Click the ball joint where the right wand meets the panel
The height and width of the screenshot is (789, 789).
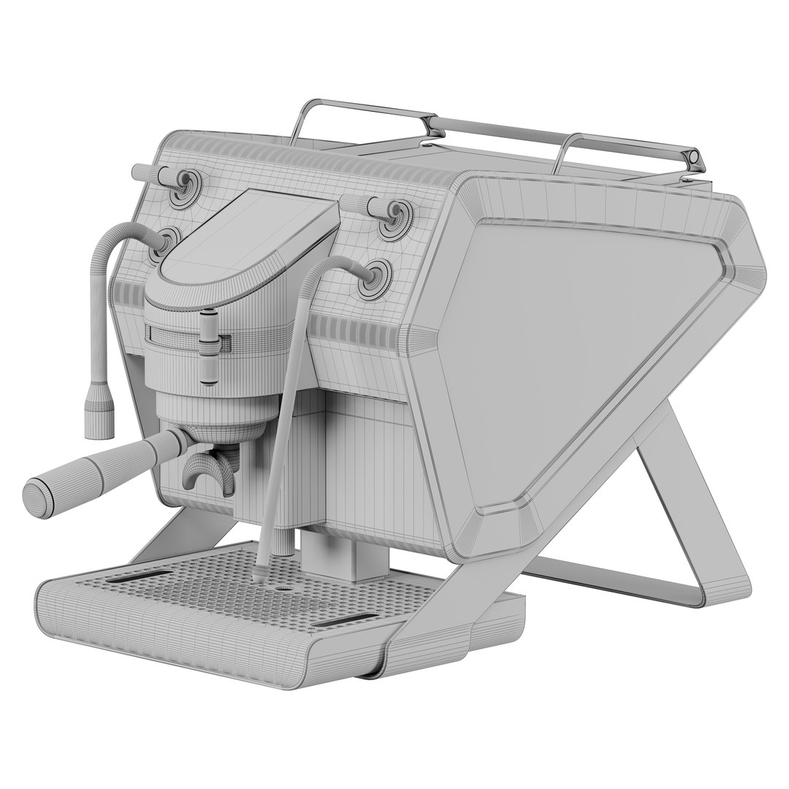[x=374, y=276]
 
